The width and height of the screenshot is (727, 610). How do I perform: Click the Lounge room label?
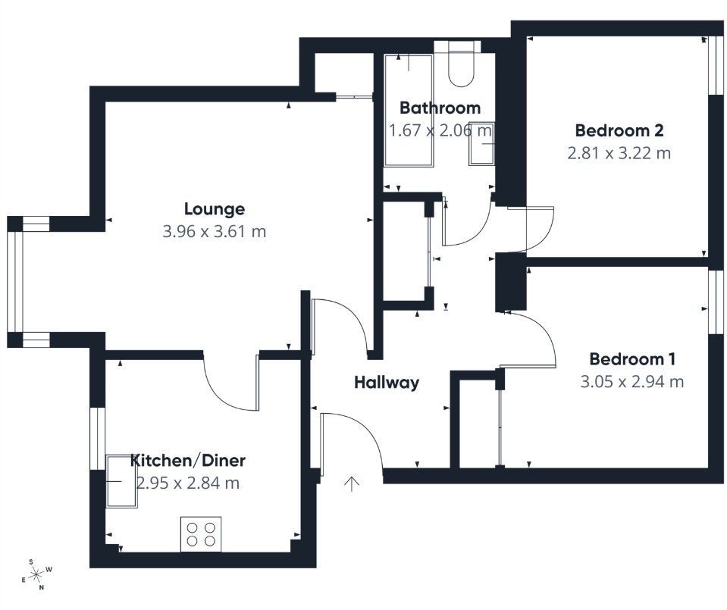click(x=215, y=208)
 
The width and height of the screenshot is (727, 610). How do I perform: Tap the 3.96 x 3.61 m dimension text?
click(x=215, y=232)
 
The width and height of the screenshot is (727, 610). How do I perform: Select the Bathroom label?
click(x=440, y=108)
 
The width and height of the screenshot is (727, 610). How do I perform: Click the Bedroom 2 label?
click(x=619, y=130)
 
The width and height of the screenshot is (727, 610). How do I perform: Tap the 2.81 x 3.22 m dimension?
click(x=619, y=153)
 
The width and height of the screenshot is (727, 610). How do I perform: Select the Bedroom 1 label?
click(x=632, y=358)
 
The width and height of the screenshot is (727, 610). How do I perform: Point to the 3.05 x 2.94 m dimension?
click(x=632, y=382)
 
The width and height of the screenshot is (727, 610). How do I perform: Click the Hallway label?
click(x=387, y=383)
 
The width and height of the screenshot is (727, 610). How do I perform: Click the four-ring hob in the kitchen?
click(x=201, y=533)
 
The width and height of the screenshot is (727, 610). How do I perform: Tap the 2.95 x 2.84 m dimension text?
click(x=188, y=483)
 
